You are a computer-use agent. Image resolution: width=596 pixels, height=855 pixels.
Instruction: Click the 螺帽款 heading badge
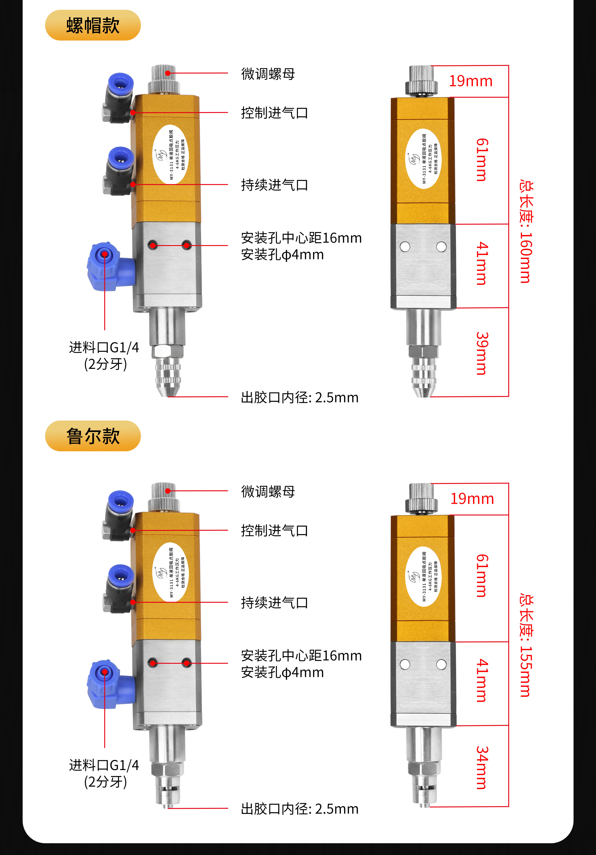93,25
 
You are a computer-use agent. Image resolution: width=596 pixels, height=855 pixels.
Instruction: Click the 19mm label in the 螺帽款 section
470,81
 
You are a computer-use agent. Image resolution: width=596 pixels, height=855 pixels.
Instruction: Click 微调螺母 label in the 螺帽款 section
268,74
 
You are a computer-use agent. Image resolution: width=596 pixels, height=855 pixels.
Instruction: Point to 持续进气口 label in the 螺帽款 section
274,185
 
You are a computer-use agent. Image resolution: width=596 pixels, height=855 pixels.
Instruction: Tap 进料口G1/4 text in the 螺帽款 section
104,347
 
